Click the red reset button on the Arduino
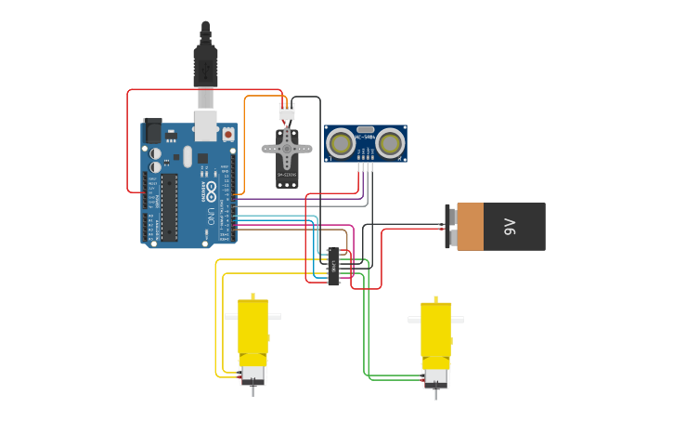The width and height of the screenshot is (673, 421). pos(228,135)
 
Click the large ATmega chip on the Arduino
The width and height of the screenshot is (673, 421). pos(169,206)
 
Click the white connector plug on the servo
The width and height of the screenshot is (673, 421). pos(286,111)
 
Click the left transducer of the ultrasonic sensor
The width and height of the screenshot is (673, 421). pos(341,143)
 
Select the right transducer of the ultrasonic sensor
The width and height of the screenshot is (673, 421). pos(390,143)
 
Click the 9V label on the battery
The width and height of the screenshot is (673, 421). pos(510,227)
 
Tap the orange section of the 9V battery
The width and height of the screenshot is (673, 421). pos(470,227)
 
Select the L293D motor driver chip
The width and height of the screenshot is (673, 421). pos(333,267)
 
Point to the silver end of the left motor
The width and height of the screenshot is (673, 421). pos(252,375)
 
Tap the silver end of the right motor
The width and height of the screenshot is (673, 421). pos(435,377)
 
